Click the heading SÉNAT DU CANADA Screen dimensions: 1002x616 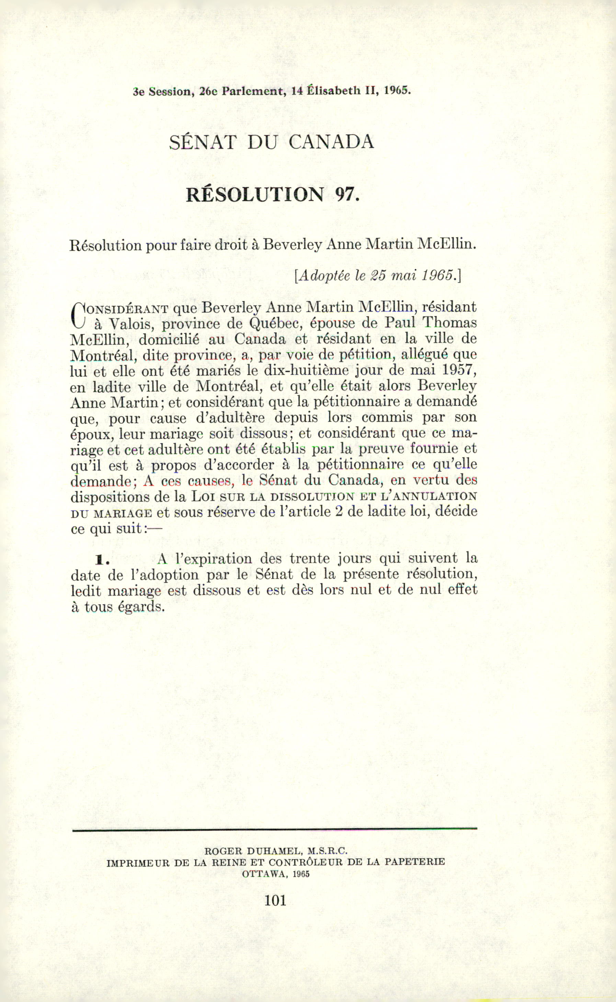pyautogui.click(x=271, y=142)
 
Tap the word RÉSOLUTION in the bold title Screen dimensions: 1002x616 pyautogui.click(x=255, y=195)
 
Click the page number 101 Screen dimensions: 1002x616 pyautogui.click(x=275, y=900)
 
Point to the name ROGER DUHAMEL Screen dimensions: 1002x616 pyautogui.click(x=253, y=851)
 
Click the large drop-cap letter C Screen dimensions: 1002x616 pyautogui.click(x=77, y=315)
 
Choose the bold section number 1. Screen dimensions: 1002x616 pyautogui.click(x=102, y=560)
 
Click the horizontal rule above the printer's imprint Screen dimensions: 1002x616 pyautogui.click(x=275, y=829)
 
